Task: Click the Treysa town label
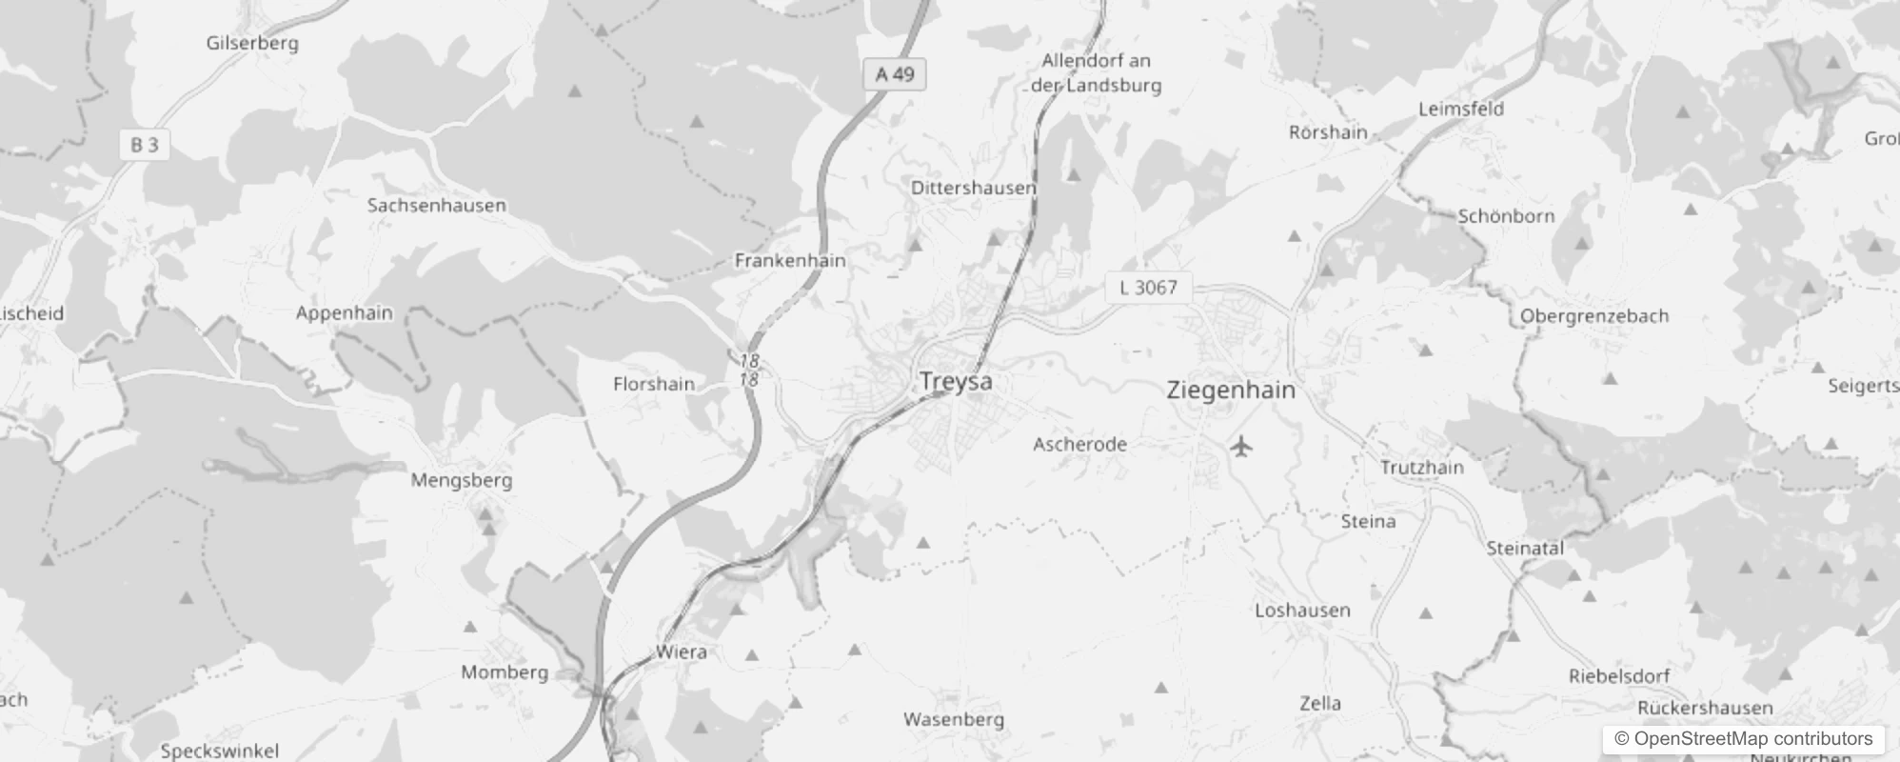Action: tap(956, 382)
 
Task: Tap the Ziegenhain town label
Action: tap(1231, 390)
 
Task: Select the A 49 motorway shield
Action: tap(895, 74)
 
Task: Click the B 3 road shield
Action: tap(145, 145)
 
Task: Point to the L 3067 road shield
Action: tap(1148, 288)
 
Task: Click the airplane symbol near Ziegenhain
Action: tap(1240, 446)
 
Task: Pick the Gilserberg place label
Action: tap(252, 43)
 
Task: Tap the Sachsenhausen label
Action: tap(437, 205)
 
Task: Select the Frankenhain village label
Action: tap(790, 260)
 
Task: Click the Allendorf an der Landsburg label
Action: tap(1097, 72)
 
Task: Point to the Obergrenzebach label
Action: tap(1594, 316)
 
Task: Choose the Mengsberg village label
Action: tap(462, 480)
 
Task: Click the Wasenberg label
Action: tap(954, 719)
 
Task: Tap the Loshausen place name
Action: tap(1302, 611)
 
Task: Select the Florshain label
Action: tap(654, 384)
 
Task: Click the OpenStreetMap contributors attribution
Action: tap(1743, 739)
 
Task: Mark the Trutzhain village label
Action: tap(1422, 468)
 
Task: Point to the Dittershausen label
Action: tap(973, 188)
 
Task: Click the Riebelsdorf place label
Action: tap(1619, 676)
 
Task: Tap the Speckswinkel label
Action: tap(220, 751)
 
